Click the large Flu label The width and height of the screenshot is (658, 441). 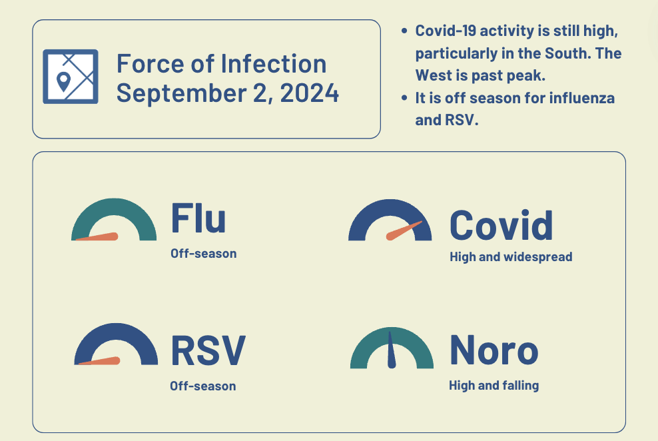[198, 218]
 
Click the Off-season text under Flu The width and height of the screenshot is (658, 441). [203, 254]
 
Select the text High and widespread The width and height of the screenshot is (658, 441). [511, 256]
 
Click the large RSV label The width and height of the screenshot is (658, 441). [208, 350]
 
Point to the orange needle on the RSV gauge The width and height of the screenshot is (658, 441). [100, 361]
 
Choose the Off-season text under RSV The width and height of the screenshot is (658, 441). [202, 386]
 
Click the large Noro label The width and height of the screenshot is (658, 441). [493, 350]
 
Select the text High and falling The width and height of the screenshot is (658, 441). [493, 385]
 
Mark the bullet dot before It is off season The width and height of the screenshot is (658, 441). [405, 99]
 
